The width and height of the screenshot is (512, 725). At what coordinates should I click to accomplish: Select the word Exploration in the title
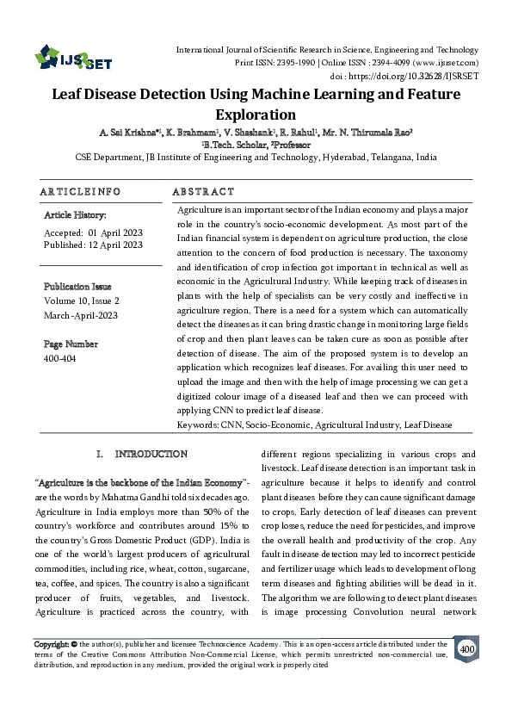point(256,114)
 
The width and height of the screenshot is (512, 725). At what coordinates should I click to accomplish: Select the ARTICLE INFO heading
point(81,191)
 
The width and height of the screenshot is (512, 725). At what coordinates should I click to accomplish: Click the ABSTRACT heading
point(203,191)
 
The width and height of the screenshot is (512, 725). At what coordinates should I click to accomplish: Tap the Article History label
point(75,214)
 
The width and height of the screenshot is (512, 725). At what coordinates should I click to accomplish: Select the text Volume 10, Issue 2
point(82,301)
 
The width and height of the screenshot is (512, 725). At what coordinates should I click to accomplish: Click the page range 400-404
point(59,357)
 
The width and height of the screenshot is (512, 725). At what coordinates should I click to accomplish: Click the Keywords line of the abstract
point(313,425)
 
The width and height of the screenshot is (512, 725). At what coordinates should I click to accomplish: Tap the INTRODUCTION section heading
point(151,454)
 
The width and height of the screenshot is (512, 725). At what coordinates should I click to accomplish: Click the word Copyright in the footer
point(50,644)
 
